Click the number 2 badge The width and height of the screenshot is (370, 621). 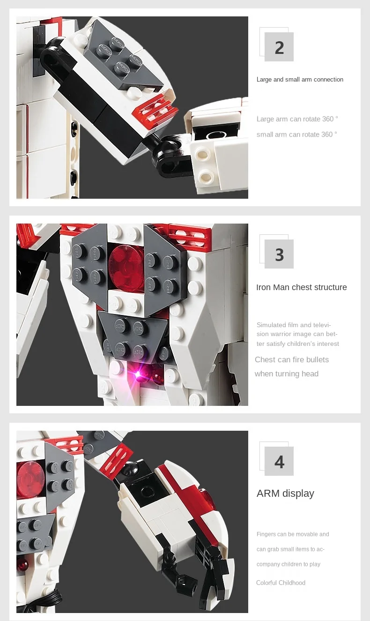coord(279,47)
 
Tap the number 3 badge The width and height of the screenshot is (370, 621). coord(279,254)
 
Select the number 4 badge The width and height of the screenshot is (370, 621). coord(279,461)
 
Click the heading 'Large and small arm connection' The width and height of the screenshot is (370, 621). coord(300,80)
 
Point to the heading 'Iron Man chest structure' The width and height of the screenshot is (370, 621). coord(301,287)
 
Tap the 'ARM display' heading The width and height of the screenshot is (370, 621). coord(285,493)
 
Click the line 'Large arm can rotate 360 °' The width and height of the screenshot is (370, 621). coord(297,119)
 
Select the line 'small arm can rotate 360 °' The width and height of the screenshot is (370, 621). coord(296,135)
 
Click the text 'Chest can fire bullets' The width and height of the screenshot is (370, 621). coord(292,359)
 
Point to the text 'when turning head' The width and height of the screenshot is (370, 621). coord(286,374)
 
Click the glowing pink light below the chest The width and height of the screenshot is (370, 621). coord(138,374)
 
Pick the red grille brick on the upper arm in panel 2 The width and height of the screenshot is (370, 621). coord(154,109)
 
